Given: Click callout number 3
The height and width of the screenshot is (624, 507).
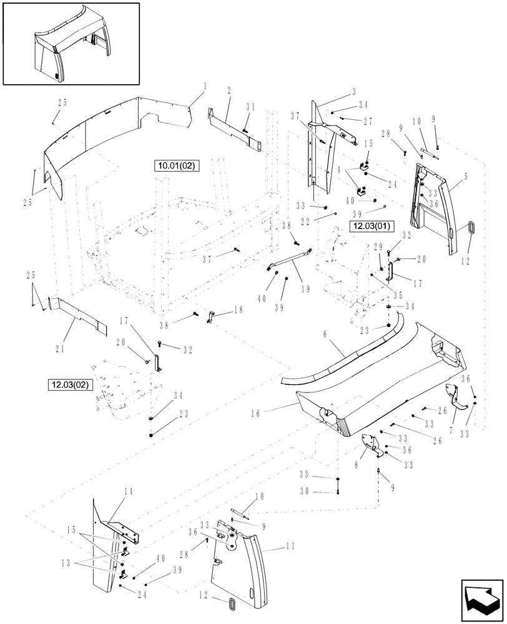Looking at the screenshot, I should (354, 92).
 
